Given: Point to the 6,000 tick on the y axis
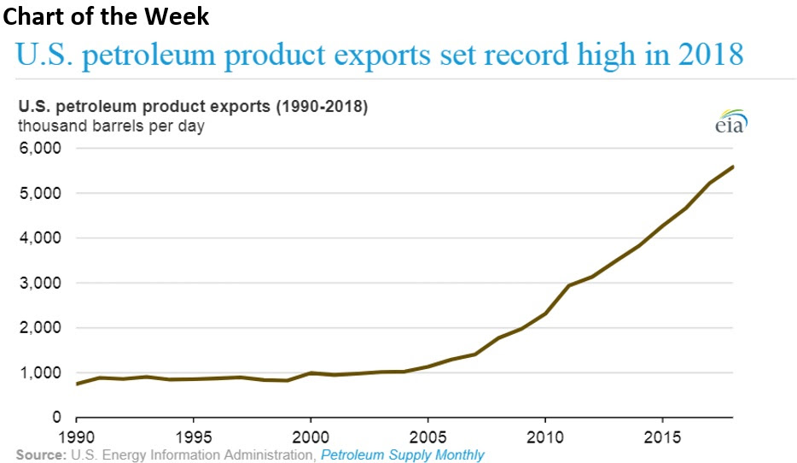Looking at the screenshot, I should (39, 149).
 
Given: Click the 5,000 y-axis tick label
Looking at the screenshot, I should (39, 193).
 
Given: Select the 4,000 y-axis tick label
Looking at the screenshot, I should (39, 238).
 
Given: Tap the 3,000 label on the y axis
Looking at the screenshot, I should (39, 283).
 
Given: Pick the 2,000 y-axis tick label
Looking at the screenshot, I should (39, 328).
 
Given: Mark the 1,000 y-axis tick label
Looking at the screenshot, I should (39, 372).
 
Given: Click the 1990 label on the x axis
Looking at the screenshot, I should (77, 436).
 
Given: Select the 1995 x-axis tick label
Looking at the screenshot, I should (194, 436).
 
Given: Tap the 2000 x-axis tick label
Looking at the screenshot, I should (311, 436).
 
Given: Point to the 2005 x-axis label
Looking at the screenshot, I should (428, 436).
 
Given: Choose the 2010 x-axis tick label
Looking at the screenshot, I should (544, 436).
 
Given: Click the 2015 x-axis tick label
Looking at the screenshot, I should (661, 436).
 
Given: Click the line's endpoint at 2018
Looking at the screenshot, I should (733, 167).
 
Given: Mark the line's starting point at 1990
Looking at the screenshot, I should (78, 384).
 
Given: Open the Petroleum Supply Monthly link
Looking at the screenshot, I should (402, 454).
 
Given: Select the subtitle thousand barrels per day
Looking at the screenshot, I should (111, 126).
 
